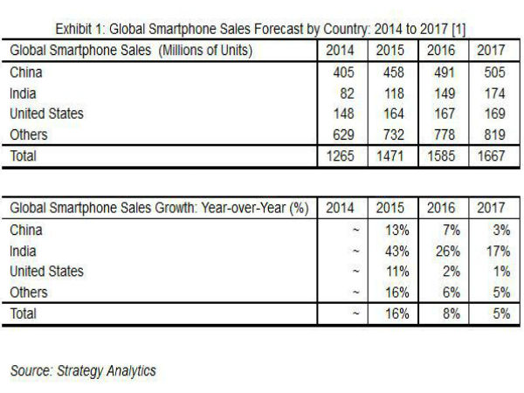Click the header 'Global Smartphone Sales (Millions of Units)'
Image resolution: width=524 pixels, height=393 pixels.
pos(131,51)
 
